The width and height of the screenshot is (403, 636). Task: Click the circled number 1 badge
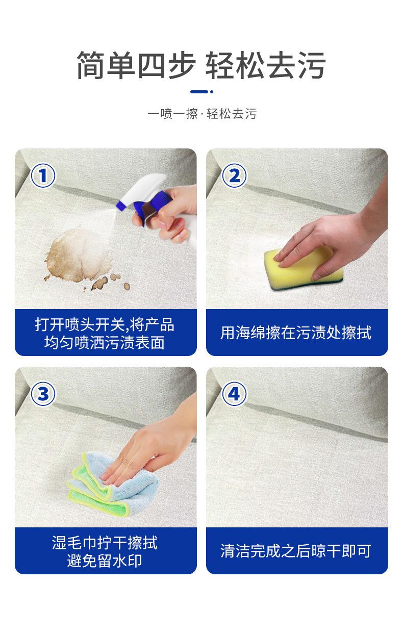[x=43, y=175]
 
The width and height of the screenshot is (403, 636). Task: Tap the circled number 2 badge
[x=234, y=175]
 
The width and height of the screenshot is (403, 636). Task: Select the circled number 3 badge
[x=43, y=394]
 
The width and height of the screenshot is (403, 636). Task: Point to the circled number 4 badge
[x=234, y=394]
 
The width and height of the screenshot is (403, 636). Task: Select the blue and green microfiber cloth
[x=112, y=486]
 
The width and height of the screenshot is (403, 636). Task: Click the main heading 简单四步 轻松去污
[x=201, y=65]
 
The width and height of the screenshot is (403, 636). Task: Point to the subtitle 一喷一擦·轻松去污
[x=202, y=114]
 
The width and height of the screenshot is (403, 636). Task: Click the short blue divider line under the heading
[x=202, y=92]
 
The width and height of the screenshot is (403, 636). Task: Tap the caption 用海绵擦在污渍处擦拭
[x=296, y=333]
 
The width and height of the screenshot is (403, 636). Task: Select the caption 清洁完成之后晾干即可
[x=296, y=551]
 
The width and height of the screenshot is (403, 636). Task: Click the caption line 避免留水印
[x=105, y=561]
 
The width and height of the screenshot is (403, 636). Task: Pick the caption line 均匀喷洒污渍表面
[x=105, y=342]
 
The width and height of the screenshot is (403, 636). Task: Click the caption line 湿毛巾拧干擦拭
[x=105, y=543]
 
